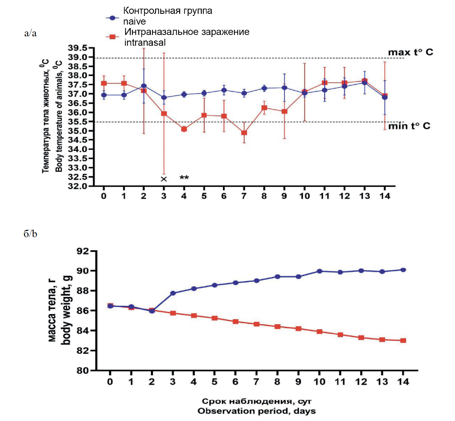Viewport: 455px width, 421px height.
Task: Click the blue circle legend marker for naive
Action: pyautogui.click(x=112, y=18)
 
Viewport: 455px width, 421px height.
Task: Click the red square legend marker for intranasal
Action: pyautogui.click(x=112, y=36)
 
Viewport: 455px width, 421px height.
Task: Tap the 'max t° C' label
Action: pyautogui.click(x=410, y=52)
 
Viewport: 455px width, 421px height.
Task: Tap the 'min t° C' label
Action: pyautogui.click(x=409, y=126)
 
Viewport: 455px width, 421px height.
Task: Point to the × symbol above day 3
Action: pyautogui.click(x=164, y=179)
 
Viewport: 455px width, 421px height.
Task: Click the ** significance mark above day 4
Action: pyautogui.click(x=184, y=178)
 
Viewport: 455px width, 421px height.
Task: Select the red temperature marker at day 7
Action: pyautogui.click(x=244, y=133)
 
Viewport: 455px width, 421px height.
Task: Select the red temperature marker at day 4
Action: pyautogui.click(x=184, y=129)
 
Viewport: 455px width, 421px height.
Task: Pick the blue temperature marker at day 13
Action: pyautogui.click(x=364, y=82)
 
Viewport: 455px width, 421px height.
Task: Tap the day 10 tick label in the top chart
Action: pyautogui.click(x=304, y=196)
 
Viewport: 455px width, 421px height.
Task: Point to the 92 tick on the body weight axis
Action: pyautogui.click(x=83, y=251)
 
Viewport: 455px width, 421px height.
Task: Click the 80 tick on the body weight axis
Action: pyautogui.click(x=83, y=370)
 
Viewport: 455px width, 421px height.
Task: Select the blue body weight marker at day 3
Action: pyautogui.click(x=173, y=293)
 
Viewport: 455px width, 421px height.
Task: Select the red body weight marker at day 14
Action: pyautogui.click(x=403, y=340)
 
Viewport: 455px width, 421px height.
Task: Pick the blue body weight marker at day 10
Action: pyautogui.click(x=319, y=271)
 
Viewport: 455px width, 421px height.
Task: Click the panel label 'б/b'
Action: pyautogui.click(x=30, y=234)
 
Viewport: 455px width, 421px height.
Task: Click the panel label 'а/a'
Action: pyautogui.click(x=30, y=33)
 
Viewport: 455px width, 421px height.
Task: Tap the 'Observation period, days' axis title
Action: pyautogui.click(x=257, y=411)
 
